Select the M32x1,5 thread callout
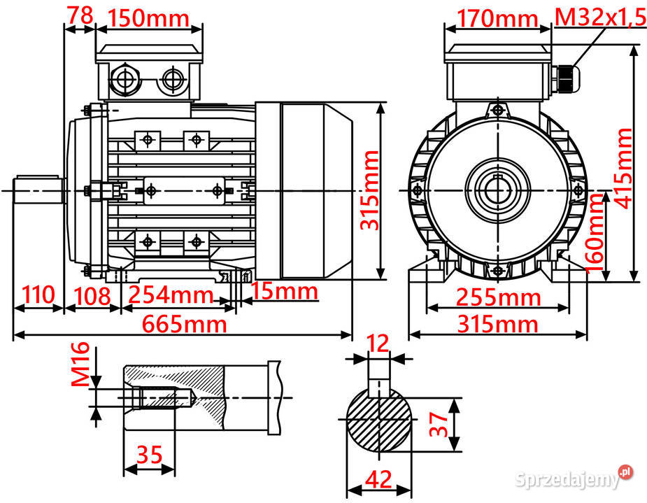599,18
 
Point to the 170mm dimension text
497,18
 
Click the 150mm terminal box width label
148,18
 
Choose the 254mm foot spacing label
172,295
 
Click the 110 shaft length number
37,295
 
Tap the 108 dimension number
92,295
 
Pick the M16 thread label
81,364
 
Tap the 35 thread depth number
149,455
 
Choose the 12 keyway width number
378,343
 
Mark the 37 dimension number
438,425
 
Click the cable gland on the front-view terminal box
566,78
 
